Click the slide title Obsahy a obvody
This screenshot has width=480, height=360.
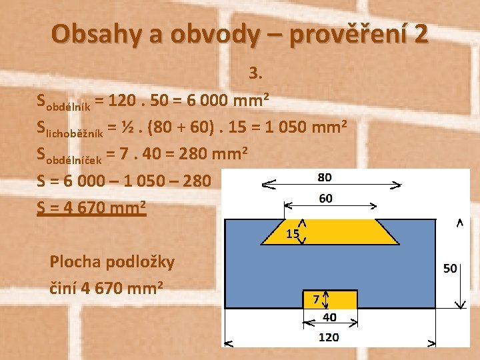point(239,34)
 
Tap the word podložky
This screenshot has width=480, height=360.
point(143,262)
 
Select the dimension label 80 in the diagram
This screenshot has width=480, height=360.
point(325,177)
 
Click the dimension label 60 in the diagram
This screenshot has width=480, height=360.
point(325,198)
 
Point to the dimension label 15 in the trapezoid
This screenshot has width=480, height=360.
point(292,234)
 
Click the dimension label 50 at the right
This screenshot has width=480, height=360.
point(450,268)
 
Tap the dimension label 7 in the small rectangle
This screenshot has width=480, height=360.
point(316,299)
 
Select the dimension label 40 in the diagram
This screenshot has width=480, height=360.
point(329,317)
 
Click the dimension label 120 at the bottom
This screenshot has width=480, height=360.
point(329,337)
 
